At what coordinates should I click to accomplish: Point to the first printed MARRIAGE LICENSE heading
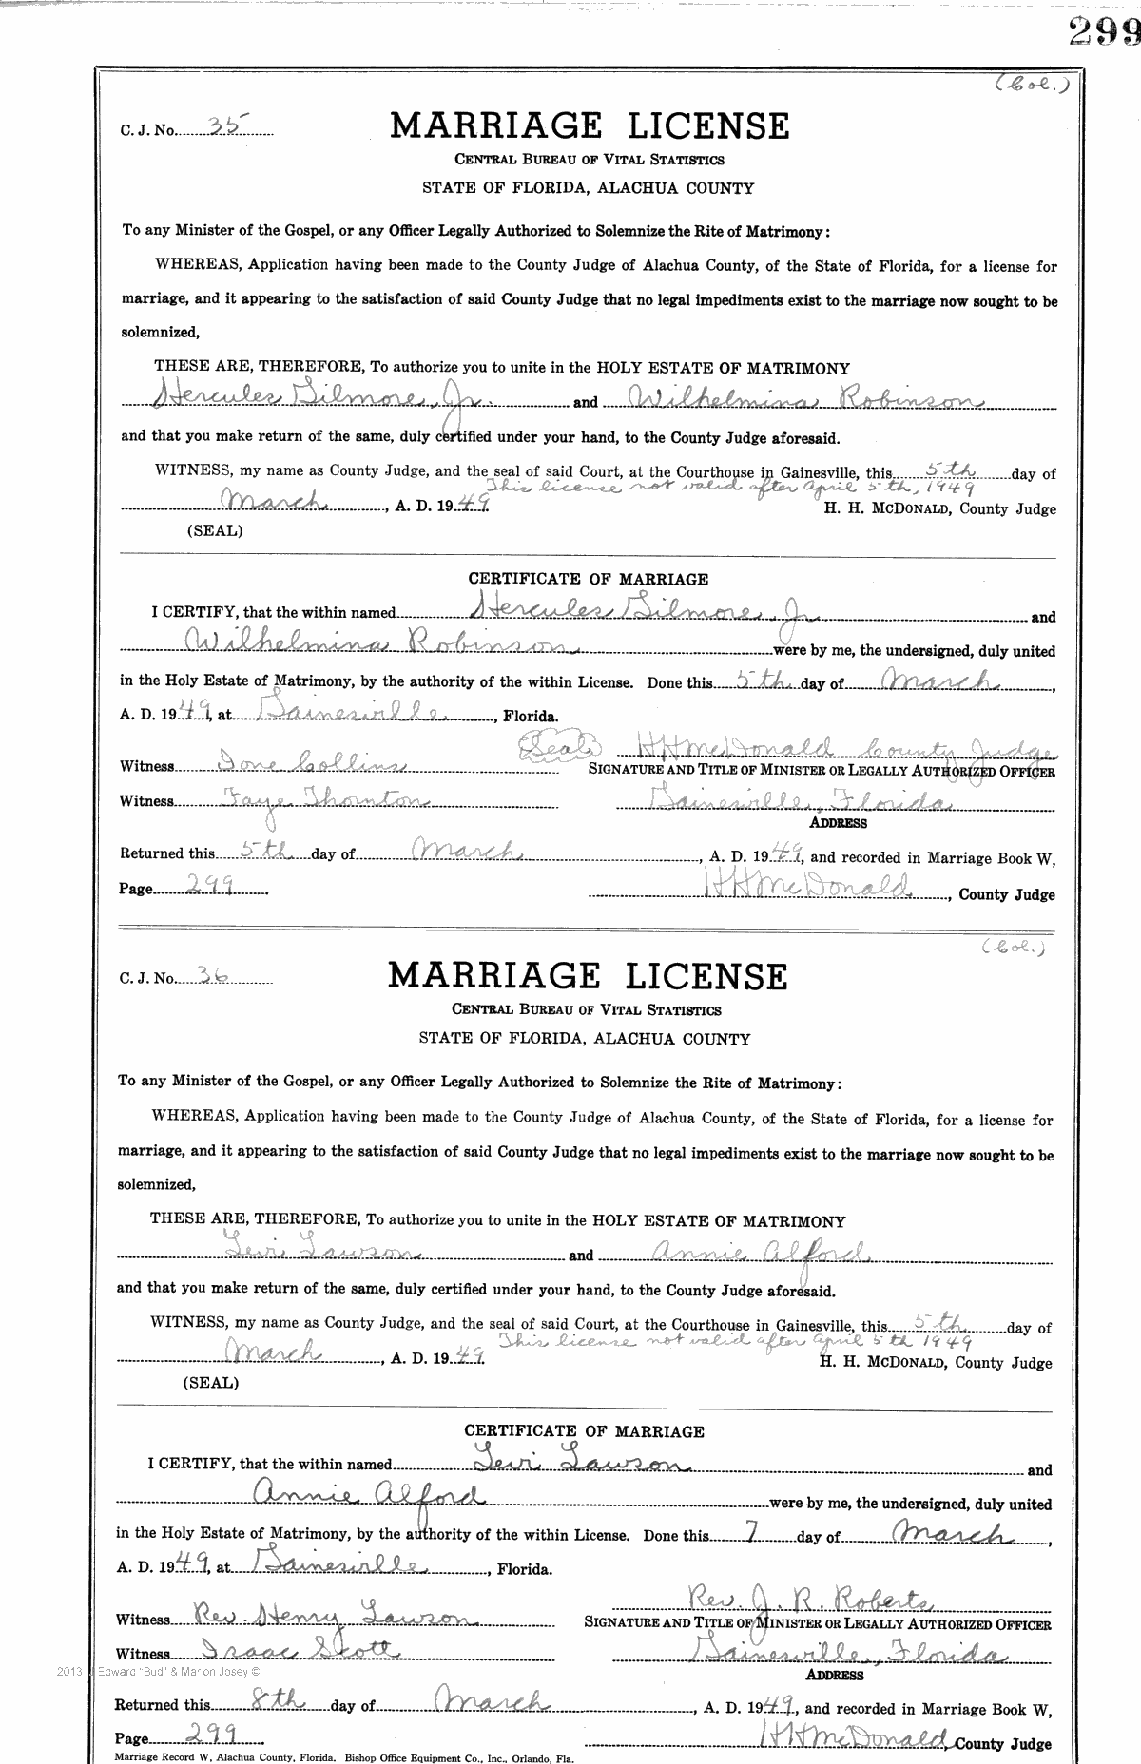click(x=590, y=125)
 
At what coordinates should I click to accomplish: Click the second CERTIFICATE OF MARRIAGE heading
click(x=584, y=1430)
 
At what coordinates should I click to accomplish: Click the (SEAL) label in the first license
click(x=215, y=531)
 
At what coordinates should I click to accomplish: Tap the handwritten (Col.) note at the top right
click(x=1033, y=84)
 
